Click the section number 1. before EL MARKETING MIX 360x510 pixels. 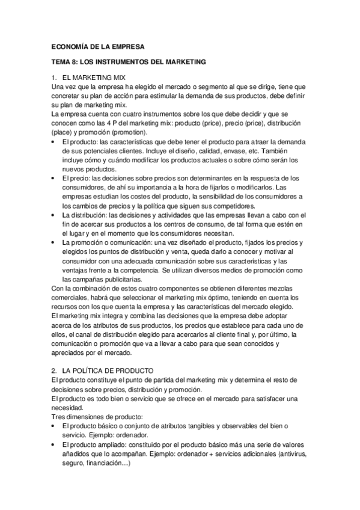coord(55,78)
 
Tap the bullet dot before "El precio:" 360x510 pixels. coord(55,178)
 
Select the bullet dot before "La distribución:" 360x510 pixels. coord(55,215)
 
